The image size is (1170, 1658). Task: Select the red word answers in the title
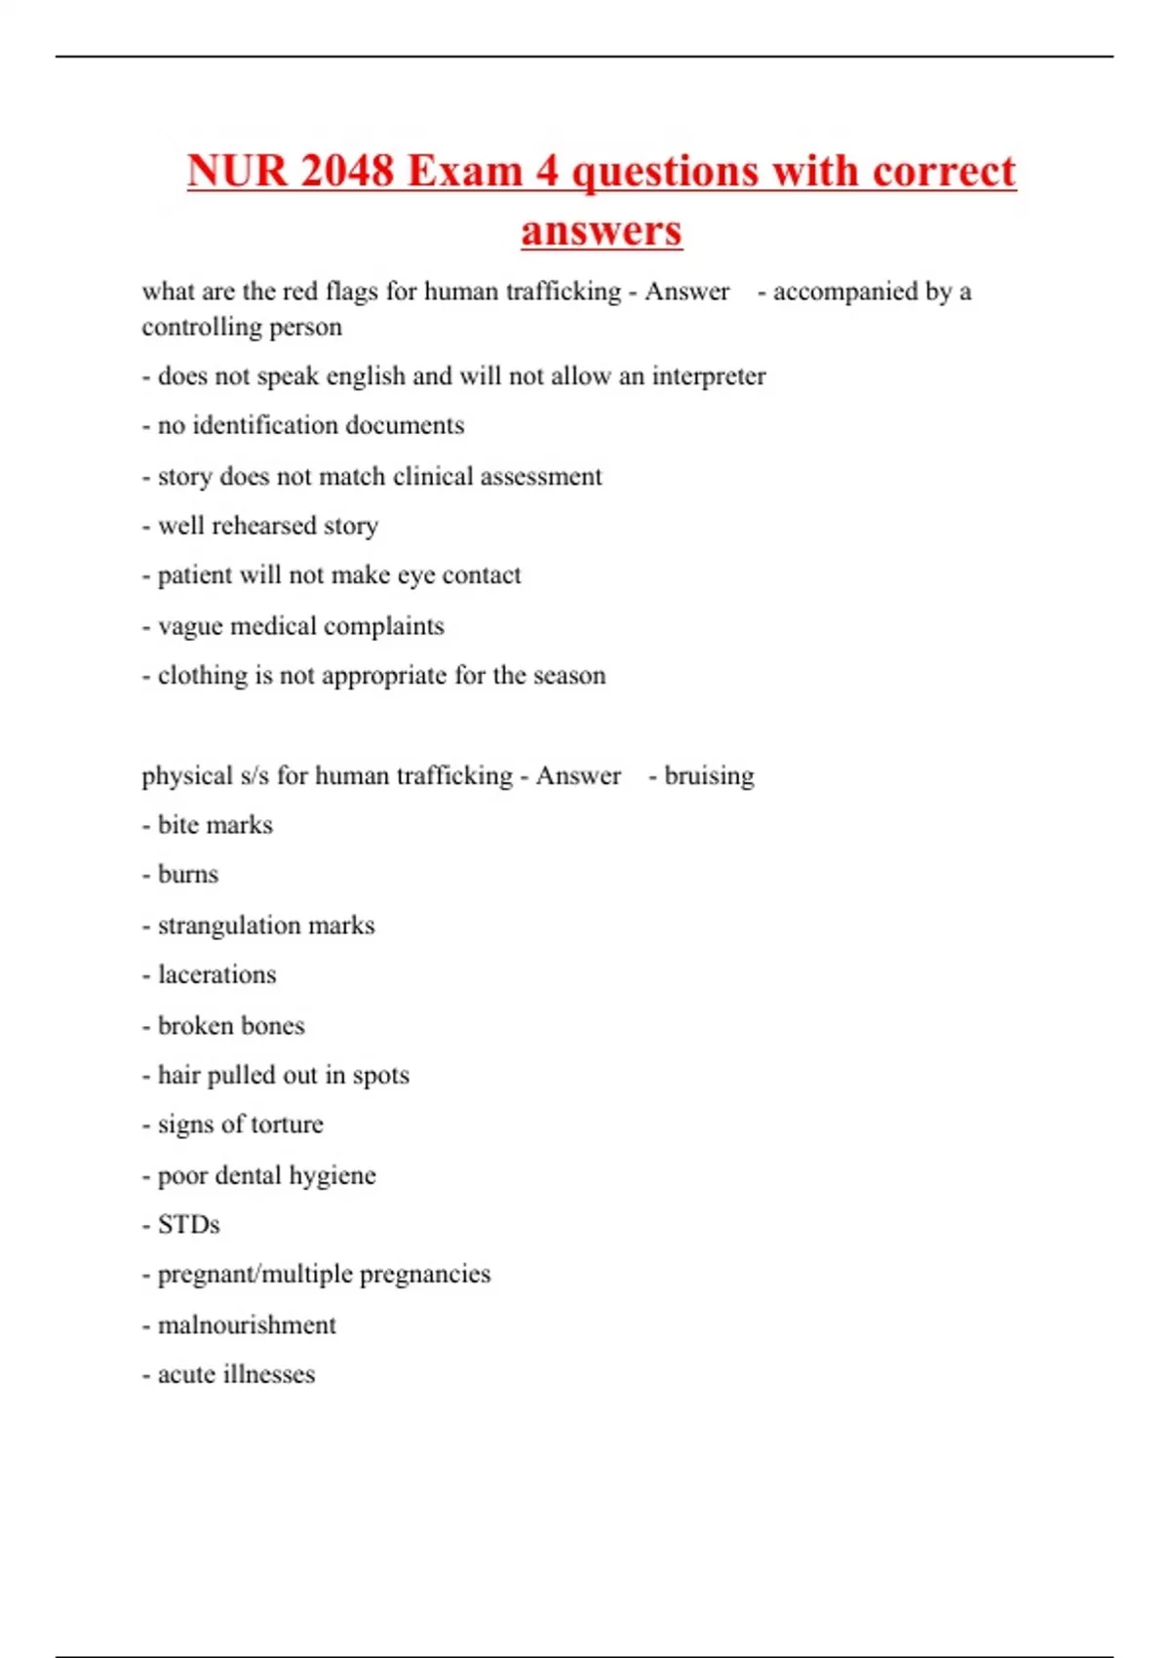tap(602, 231)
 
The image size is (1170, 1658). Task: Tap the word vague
tap(187, 626)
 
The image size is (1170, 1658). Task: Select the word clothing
tap(203, 676)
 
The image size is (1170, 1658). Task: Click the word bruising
tap(709, 776)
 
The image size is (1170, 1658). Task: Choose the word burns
tap(188, 875)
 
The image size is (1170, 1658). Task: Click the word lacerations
tap(216, 975)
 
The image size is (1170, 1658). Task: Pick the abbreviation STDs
tap(188, 1225)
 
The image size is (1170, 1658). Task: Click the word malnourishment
tap(247, 1325)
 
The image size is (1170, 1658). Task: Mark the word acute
tap(186, 1375)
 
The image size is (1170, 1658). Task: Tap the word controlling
tap(201, 327)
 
